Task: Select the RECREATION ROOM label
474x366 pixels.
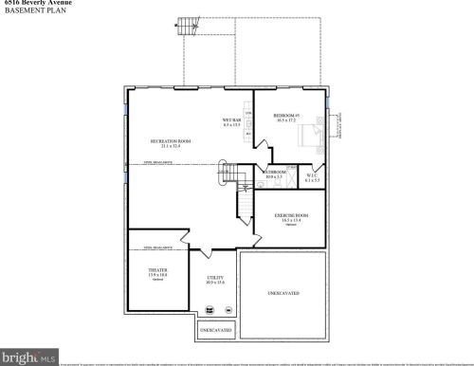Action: coord(172,141)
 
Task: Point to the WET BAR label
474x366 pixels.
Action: coord(231,119)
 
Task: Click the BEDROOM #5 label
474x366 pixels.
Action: coord(286,116)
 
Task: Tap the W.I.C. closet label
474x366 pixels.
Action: coord(313,173)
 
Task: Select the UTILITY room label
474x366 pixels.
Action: coord(215,278)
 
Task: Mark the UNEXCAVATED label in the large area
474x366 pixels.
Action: coord(283,292)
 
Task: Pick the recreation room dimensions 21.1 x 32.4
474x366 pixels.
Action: coord(172,147)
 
